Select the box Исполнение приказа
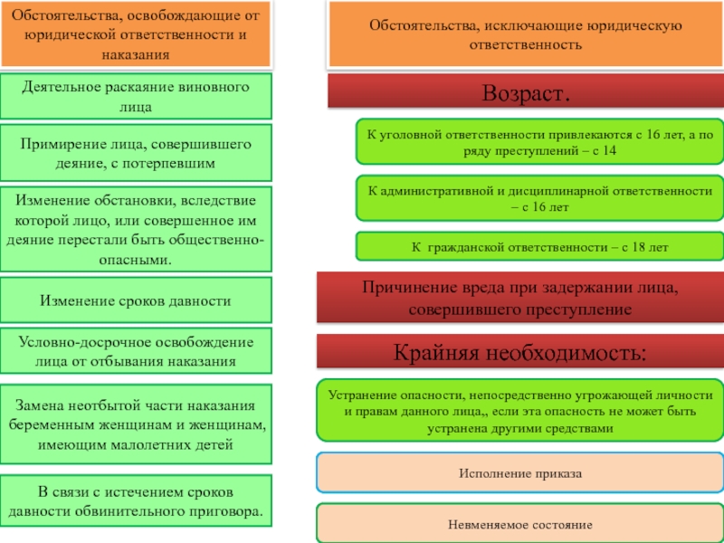519,473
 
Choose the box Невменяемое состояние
519,524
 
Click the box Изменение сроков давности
136,300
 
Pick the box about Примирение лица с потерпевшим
136,153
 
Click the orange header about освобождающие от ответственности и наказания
136,35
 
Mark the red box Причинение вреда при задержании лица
519,298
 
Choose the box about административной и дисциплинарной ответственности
538,199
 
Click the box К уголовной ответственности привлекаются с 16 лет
538,142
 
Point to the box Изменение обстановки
136,229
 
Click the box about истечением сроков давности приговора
136,501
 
